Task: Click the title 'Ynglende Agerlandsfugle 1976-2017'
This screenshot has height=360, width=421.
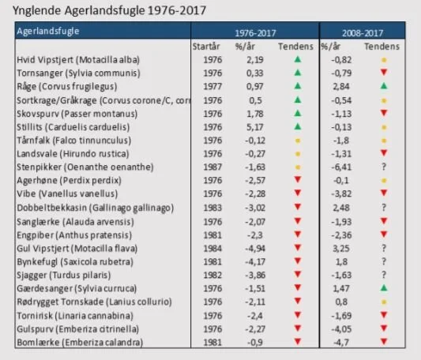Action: click(x=109, y=11)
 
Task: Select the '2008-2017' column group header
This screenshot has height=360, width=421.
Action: click(x=363, y=33)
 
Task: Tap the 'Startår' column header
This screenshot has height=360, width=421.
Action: click(x=206, y=47)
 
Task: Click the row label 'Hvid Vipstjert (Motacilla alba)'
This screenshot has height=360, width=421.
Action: click(x=78, y=59)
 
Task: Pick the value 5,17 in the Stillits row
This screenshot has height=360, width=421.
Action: click(x=255, y=127)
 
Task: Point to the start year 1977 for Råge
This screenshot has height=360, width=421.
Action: click(x=212, y=86)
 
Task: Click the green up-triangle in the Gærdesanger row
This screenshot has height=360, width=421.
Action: click(x=384, y=288)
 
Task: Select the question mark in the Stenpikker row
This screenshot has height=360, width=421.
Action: click(x=384, y=167)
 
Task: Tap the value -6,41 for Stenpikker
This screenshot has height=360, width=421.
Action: click(x=341, y=167)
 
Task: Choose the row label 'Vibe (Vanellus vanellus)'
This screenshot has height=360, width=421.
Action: click(x=67, y=193)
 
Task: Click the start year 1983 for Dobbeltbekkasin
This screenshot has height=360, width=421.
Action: click(x=212, y=208)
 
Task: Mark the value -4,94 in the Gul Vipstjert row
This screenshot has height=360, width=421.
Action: click(x=255, y=249)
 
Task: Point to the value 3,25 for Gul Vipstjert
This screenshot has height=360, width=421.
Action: click(x=341, y=249)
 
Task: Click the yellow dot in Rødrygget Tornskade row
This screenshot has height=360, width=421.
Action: click(x=384, y=302)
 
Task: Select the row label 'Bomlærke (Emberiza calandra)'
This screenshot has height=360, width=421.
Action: click(x=80, y=343)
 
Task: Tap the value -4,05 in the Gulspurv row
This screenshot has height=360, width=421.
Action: click(x=341, y=329)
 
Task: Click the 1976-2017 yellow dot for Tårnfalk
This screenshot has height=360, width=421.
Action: click(x=298, y=141)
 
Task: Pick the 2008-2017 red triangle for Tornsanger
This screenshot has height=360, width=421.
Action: click(x=384, y=72)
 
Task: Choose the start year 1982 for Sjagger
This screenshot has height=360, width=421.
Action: click(x=212, y=275)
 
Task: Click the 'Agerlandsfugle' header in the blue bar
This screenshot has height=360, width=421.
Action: click(x=48, y=31)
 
